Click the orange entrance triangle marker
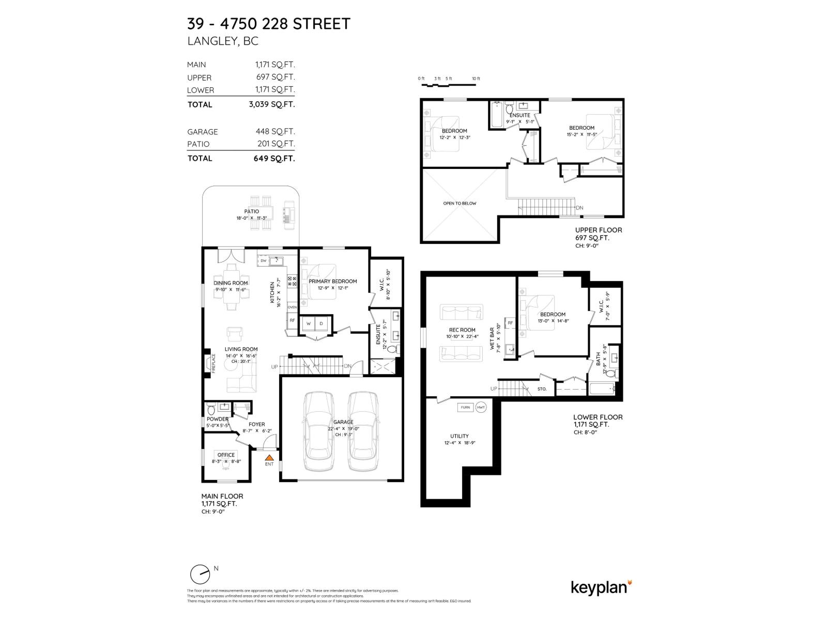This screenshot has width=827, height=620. [269, 457]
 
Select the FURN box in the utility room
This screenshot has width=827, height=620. [465, 407]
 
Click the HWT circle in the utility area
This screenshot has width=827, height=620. [481, 407]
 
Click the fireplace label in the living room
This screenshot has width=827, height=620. [213, 363]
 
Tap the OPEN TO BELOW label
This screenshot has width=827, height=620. [460, 204]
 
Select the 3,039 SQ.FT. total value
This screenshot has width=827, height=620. [272, 104]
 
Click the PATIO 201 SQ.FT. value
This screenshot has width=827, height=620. [276, 144]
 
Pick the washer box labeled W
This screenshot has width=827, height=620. [309, 323]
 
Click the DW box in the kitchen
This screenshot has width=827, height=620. [264, 261]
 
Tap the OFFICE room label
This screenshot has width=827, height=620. [226, 455]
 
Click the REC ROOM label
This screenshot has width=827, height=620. [462, 330]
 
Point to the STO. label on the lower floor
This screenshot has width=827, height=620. [542, 389]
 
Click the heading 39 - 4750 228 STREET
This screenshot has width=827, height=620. [269, 24]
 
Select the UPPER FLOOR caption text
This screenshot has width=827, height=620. [599, 230]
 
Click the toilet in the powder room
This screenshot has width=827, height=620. [211, 409]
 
